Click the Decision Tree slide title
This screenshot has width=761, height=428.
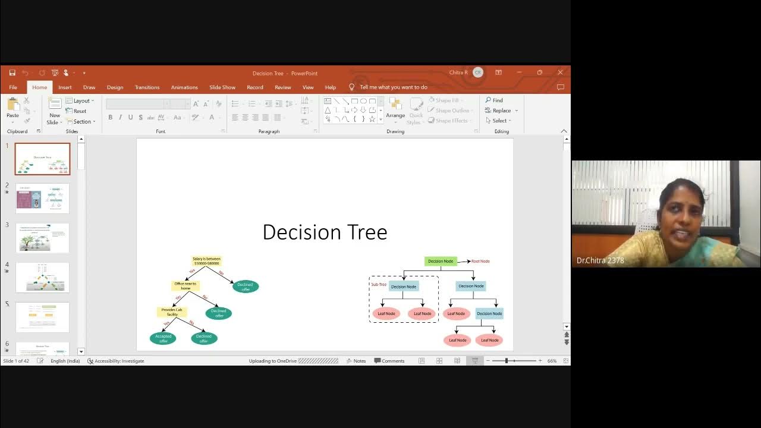pos(325,232)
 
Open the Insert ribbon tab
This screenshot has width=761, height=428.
pos(65,87)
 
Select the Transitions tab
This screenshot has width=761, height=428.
pos(147,87)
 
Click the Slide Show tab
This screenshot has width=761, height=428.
pos(222,87)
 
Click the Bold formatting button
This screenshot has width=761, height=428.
pos(110,117)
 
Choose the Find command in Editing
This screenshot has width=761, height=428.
pos(494,100)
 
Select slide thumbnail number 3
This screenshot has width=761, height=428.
pos(42,238)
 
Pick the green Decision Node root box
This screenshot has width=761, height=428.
pos(441,261)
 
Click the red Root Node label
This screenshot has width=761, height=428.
pos(480,262)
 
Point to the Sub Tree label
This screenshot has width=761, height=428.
pos(379,285)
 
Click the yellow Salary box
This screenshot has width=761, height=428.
pos(206,261)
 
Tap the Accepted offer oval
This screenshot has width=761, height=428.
pos(163,338)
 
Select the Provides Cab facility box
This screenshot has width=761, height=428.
pos(172,312)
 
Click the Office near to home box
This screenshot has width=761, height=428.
pos(185,286)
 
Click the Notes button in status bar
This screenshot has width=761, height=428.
pos(356,361)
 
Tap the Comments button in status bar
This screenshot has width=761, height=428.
pos(389,361)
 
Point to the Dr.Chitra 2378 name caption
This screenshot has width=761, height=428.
pos(600,260)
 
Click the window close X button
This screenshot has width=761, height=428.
pos(560,73)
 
